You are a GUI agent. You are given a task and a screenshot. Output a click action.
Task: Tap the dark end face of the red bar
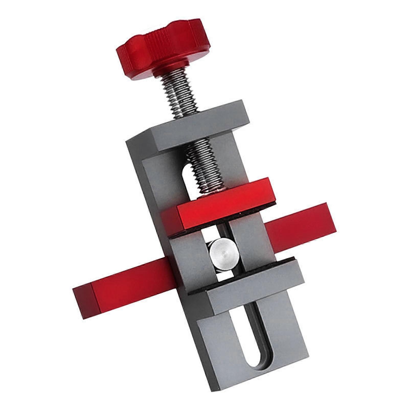pyautogui.click(x=83, y=302)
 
